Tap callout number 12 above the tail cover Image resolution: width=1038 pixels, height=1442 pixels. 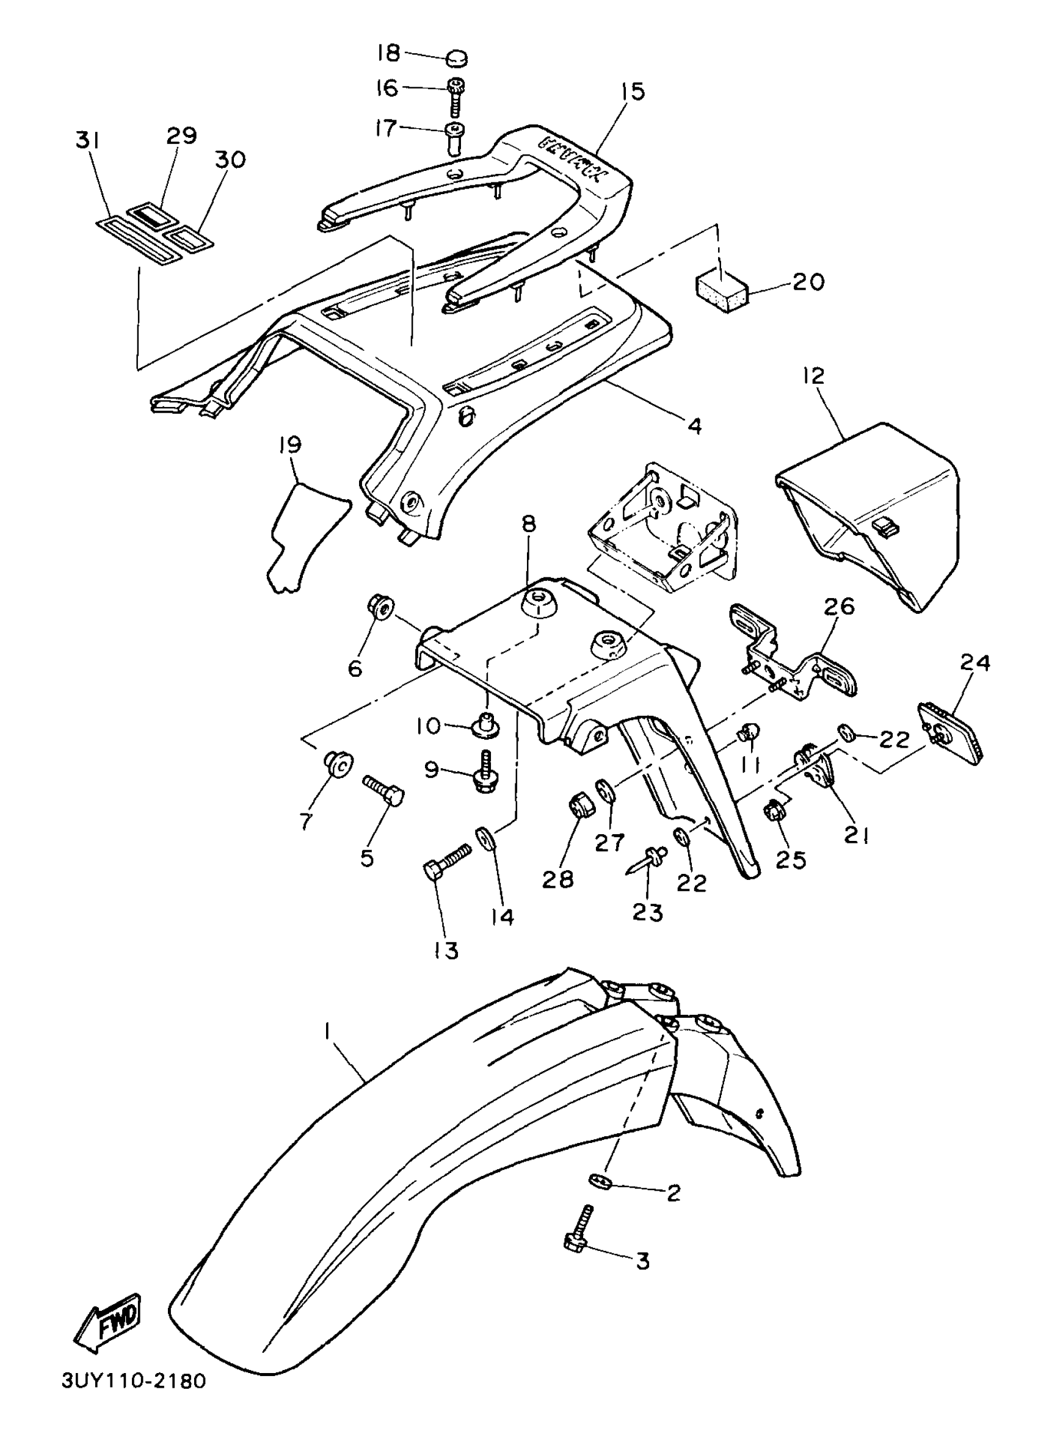pos(813,375)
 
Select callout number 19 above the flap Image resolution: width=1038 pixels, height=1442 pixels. pos(290,445)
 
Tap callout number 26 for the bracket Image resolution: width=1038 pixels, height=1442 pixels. pos(839,608)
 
